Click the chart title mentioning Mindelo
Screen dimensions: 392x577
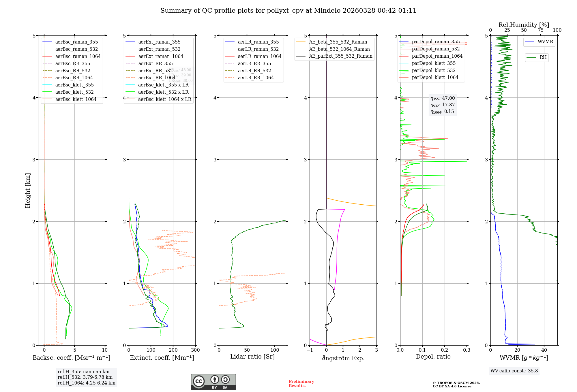pyautogui.click(x=288, y=11)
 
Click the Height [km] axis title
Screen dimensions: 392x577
pyautogui.click(x=28, y=190)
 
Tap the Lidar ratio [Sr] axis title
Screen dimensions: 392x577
pyautogui.click(x=252, y=357)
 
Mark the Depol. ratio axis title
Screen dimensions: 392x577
pyautogui.click(x=433, y=357)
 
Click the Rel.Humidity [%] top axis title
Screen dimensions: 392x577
pyautogui.click(x=524, y=25)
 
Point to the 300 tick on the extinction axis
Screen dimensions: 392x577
pyautogui.click(x=195, y=350)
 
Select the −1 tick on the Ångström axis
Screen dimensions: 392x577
pyautogui.click(x=310, y=350)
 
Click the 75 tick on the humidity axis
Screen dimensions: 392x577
pyautogui.click(x=541, y=30)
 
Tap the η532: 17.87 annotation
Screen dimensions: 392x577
pyautogui.click(x=443, y=105)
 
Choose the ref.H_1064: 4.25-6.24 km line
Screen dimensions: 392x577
pyautogui.click(x=86, y=383)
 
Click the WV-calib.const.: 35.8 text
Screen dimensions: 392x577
pyautogui.click(x=514, y=371)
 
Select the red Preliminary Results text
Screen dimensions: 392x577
pyautogui.click(x=301, y=384)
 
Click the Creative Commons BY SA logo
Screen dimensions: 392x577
pyautogui.click(x=213, y=382)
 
